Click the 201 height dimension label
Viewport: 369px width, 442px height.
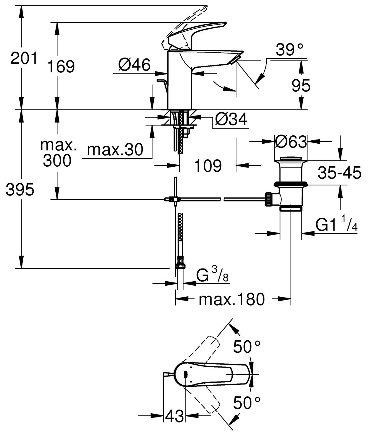24,58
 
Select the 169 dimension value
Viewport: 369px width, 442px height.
61,66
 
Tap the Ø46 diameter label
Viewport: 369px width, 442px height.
134,64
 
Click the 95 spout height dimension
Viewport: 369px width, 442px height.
301,86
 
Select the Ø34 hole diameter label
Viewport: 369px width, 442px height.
231,119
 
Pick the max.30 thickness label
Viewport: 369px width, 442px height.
115,150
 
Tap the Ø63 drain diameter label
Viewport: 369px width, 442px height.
291,142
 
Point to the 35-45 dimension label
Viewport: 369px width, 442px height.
339,173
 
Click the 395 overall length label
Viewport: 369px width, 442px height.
20,189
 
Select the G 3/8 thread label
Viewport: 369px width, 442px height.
213,276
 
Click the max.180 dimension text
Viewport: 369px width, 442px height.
232,299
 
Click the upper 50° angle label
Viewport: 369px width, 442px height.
247,347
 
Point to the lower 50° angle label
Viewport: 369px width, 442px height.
247,402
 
